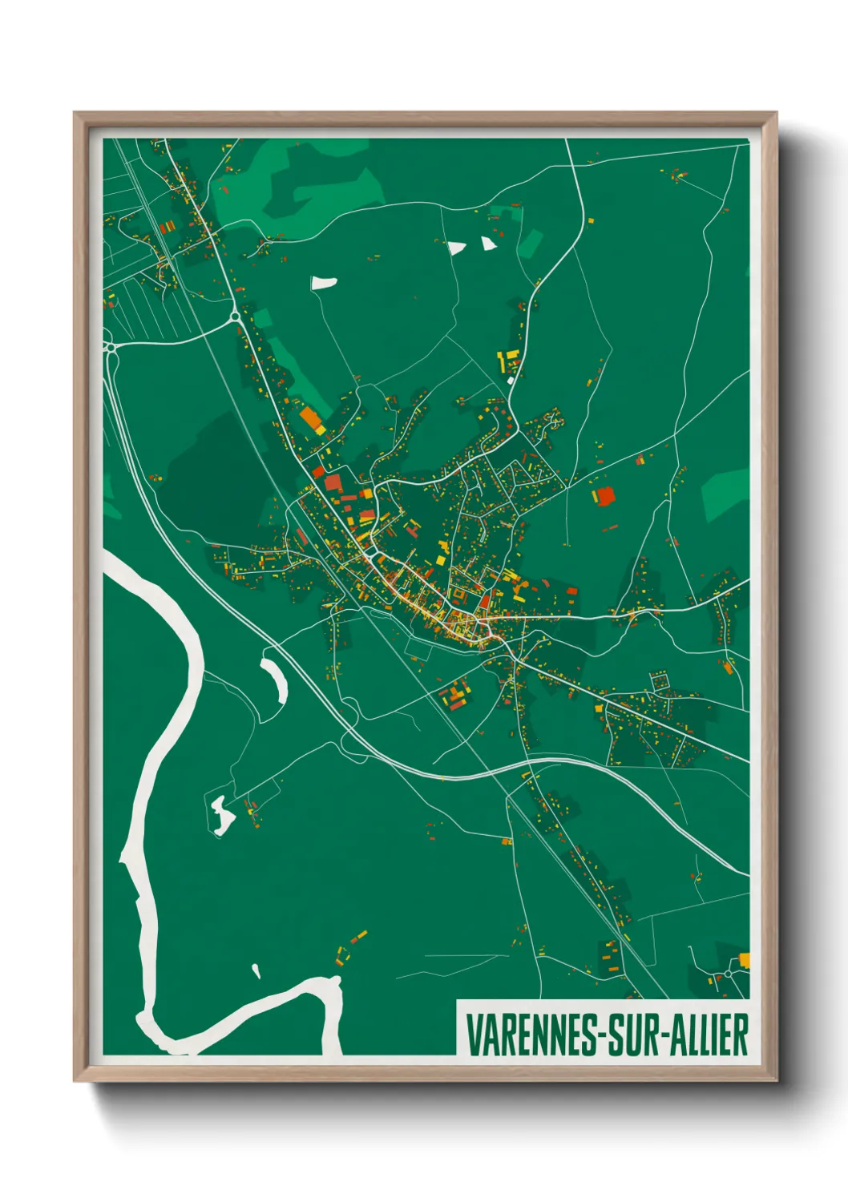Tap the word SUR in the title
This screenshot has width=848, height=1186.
[x=631, y=1035]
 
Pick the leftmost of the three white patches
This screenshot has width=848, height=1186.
[x=324, y=283]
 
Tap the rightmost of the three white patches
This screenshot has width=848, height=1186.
[x=488, y=244]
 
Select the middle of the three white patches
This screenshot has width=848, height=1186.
[x=456, y=248]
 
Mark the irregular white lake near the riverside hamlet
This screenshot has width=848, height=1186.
[x=221, y=814]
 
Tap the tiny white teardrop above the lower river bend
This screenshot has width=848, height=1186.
[x=256, y=972]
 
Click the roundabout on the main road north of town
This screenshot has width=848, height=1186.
[x=236, y=317]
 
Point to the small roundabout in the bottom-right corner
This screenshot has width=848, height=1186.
[x=727, y=974]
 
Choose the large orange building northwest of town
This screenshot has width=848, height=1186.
[x=309, y=417]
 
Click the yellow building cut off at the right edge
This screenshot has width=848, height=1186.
[x=745, y=959]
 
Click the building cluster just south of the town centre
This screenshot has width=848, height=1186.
[x=454, y=695]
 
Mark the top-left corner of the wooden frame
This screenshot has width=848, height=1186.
[x=75, y=114]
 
